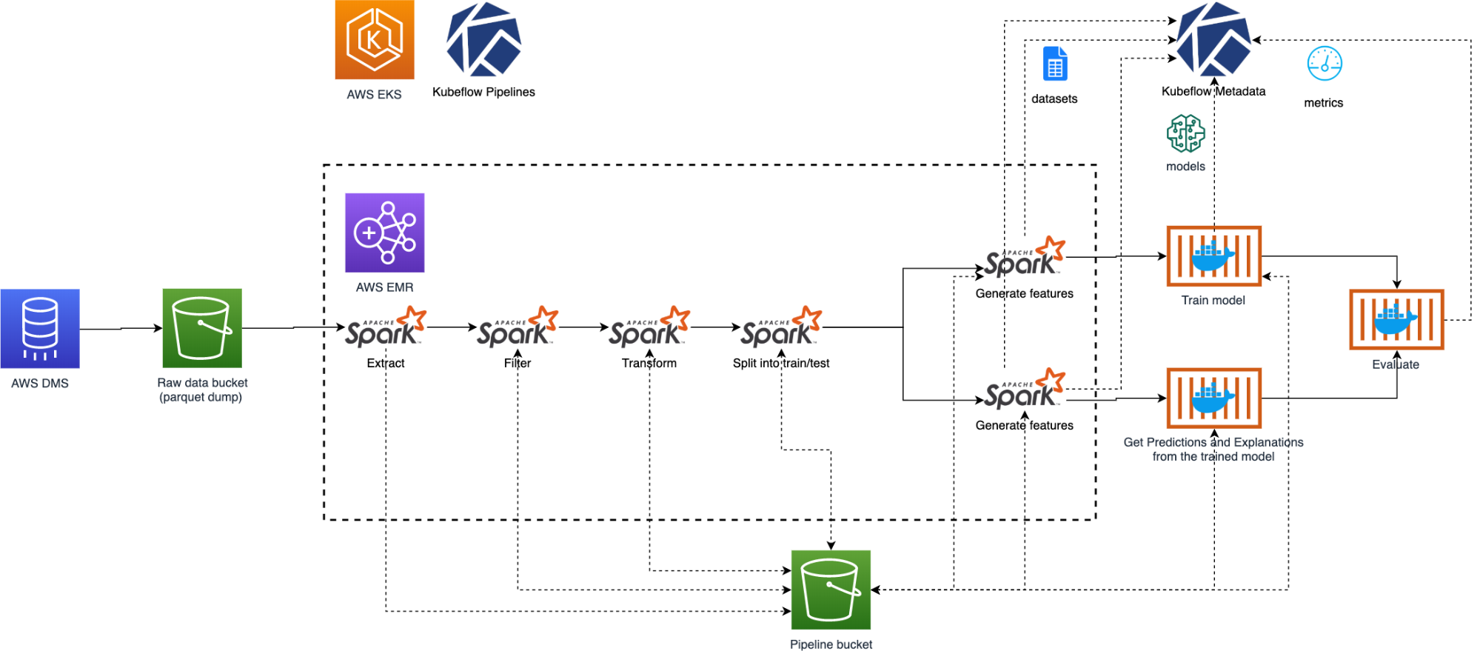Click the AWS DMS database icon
[40, 328]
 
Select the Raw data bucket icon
[202, 328]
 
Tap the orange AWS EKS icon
[375, 40]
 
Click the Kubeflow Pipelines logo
[483, 40]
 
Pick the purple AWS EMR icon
[385, 233]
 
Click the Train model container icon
[1213, 256]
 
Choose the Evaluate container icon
[1396, 319]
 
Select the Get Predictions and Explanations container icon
[1213, 398]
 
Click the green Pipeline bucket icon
[831, 590]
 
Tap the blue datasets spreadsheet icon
[1055, 64]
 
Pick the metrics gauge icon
[1325, 64]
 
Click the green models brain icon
[1185, 133]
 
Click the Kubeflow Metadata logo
[1213, 40]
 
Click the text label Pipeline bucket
[831, 644]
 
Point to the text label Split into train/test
[781, 363]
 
